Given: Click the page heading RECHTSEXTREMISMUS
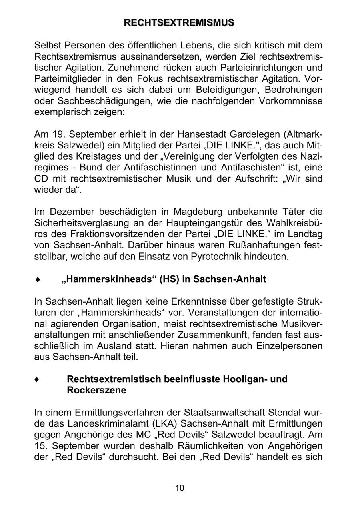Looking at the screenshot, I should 179,23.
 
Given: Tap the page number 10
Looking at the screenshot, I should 180,488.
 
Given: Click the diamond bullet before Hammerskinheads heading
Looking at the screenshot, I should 37,279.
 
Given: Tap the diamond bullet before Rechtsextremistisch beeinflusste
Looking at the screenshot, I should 37,379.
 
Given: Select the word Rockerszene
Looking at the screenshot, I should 96,390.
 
